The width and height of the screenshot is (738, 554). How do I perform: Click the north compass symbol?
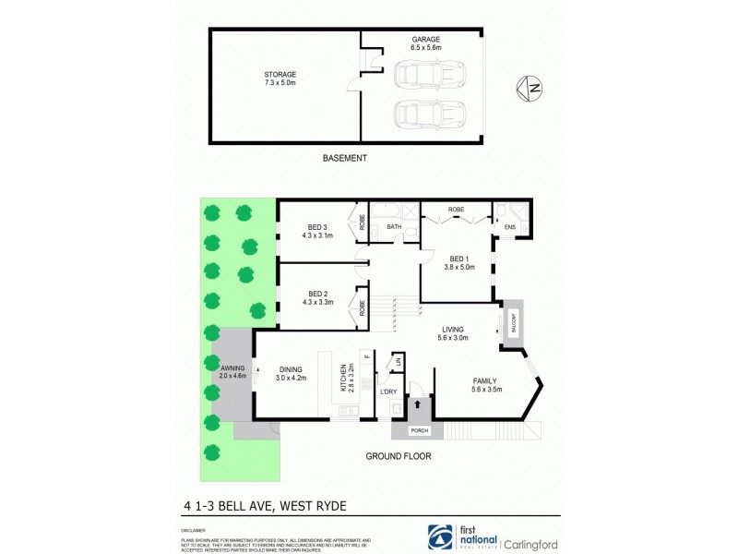tap(530, 89)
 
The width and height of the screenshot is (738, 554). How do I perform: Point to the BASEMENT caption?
tap(345, 158)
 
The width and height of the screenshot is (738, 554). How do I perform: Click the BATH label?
tap(394, 226)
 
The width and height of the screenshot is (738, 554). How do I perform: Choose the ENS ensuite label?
tap(508, 226)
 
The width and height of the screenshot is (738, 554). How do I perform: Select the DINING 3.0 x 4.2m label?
tap(291, 373)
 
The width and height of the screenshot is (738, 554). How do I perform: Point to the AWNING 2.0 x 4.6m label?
tap(232, 371)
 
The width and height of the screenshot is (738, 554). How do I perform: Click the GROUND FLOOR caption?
tap(398, 456)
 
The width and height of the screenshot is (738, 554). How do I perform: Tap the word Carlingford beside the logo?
tap(530, 544)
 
